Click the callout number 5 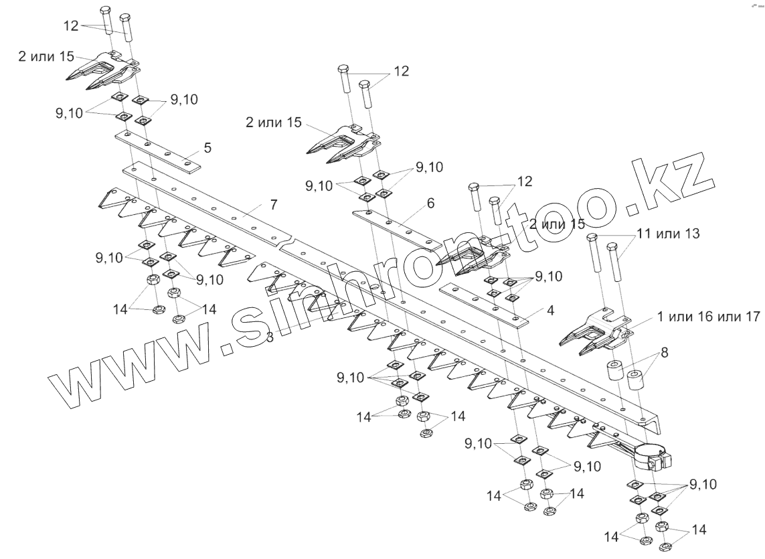207,147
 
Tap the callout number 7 273,204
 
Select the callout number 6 430,203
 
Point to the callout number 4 550,311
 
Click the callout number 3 270,337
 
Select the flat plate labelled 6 395,228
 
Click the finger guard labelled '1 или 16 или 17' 592,331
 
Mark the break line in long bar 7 288,242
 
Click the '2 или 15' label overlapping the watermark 557,224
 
